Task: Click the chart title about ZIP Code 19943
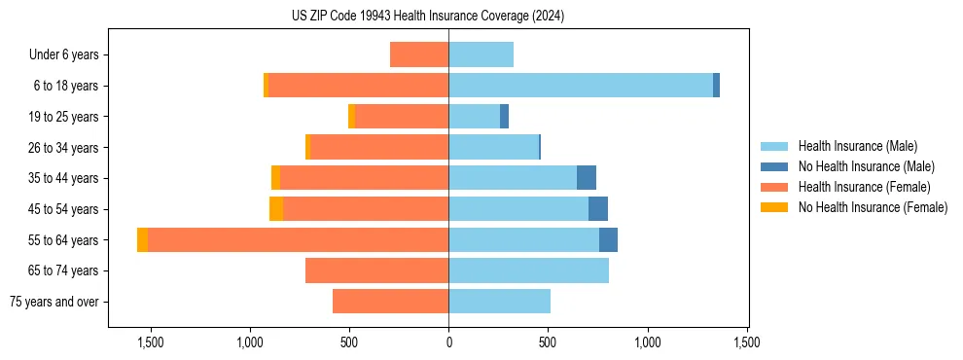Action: [x=427, y=17]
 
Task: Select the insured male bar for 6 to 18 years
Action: [x=581, y=86]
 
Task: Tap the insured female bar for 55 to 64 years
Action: [x=298, y=240]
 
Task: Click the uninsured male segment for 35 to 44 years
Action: [x=587, y=178]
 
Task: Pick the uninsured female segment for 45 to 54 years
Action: [x=276, y=209]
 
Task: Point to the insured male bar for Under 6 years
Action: [x=481, y=54]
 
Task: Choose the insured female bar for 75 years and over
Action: [x=390, y=302]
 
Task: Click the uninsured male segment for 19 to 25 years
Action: [x=504, y=117]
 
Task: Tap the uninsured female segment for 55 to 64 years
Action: [x=142, y=240]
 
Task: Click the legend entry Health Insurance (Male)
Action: [x=857, y=146]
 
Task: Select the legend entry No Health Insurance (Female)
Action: [x=873, y=207]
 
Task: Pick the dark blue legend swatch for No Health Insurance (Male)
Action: [x=774, y=166]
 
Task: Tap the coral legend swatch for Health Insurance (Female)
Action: [x=774, y=187]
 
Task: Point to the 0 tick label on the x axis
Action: [x=448, y=342]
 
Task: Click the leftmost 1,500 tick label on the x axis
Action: [x=150, y=342]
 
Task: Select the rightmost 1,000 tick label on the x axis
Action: [x=647, y=342]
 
